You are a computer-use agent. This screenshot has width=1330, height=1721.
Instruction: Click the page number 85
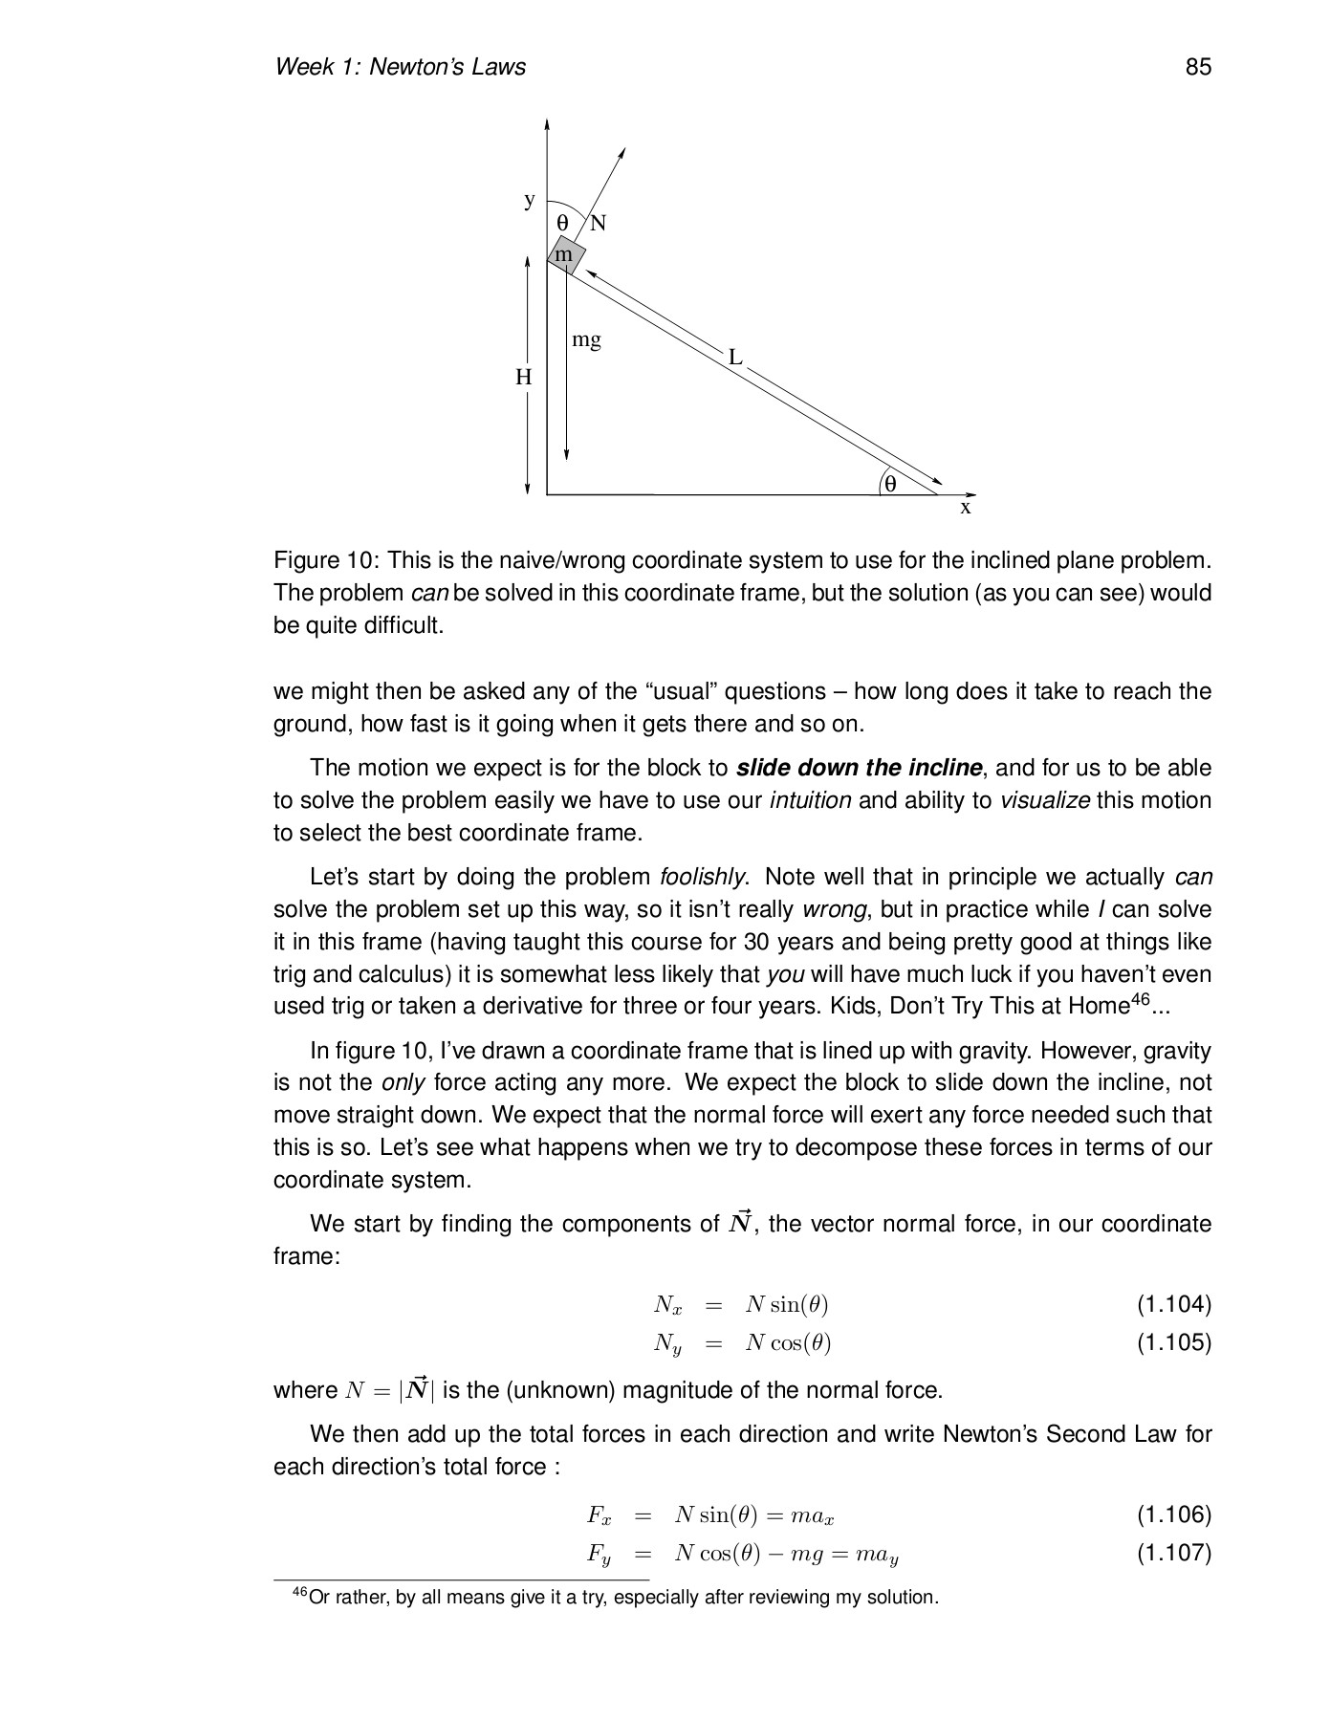click(1197, 66)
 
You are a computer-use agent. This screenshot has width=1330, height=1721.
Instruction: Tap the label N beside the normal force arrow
click(598, 224)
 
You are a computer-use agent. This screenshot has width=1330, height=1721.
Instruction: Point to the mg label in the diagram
click(586, 339)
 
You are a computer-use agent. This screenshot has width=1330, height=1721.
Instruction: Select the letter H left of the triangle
click(524, 378)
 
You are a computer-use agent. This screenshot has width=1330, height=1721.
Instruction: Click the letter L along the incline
click(734, 358)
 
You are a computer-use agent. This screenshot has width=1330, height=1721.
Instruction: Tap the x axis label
click(966, 508)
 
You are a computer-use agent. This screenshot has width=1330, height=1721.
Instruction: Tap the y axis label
click(530, 200)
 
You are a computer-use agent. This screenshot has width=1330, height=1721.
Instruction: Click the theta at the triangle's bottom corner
click(890, 484)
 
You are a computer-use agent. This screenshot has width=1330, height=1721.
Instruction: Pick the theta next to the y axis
click(563, 223)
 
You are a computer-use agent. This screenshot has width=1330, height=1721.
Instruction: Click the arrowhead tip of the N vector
click(624, 150)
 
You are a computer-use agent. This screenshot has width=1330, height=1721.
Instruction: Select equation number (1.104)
click(1173, 1304)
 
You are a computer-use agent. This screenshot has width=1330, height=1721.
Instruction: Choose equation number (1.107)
click(1173, 1553)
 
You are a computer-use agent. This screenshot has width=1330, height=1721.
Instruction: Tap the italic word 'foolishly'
click(703, 877)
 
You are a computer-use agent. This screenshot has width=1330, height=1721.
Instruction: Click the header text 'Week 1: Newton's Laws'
click(400, 66)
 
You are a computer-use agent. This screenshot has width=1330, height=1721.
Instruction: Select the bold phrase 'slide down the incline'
click(859, 768)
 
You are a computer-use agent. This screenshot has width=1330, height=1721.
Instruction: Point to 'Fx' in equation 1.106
click(600, 1515)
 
